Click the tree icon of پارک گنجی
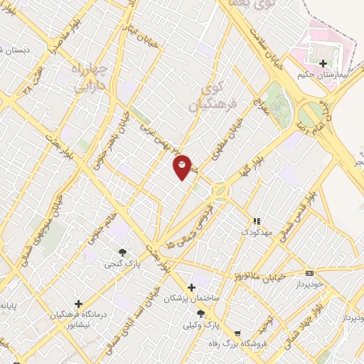pos(123,252)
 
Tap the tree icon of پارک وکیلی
pos(201,313)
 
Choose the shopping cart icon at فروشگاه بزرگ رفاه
pos(237,332)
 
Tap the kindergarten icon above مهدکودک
pos(257,221)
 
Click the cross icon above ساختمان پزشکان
pos(191,287)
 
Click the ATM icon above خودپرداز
pos(309,273)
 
